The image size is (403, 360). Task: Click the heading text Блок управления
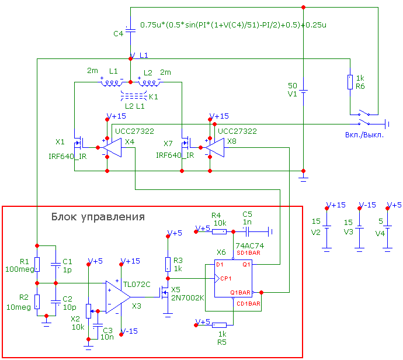(97, 217)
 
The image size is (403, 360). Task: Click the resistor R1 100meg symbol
(37, 264)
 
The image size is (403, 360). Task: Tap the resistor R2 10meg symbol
(37, 301)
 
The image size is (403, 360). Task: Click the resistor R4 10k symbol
(219, 231)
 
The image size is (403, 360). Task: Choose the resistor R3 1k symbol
(168, 264)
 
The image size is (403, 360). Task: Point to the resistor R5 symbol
(219, 325)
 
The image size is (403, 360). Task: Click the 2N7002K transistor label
(187, 298)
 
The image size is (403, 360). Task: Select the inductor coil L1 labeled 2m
(111, 82)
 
